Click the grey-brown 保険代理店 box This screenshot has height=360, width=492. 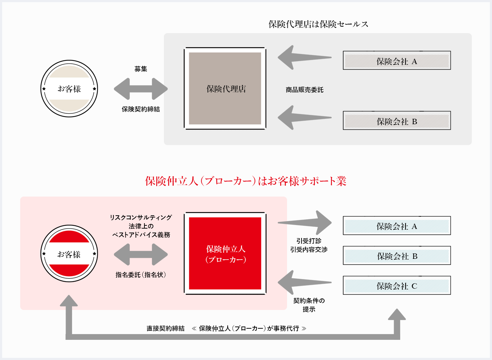225,89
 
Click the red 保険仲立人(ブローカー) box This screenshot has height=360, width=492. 225,253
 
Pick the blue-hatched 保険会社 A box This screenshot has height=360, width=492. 397,226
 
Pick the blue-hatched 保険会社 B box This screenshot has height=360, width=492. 397,256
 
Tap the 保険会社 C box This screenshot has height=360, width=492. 397,285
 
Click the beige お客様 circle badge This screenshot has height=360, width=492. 69,89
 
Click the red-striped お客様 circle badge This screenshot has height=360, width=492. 69,254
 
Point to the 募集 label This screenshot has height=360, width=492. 140,69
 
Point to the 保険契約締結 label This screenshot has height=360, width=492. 140,109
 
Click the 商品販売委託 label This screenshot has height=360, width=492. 304,90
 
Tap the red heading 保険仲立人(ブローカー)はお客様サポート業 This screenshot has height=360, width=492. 246,181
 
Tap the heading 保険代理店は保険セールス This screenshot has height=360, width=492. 318,24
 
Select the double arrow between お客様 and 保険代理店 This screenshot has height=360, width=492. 140,89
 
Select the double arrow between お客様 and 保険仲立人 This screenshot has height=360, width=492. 140,255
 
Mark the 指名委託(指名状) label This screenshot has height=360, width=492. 140,275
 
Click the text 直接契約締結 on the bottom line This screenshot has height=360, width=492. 165,328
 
